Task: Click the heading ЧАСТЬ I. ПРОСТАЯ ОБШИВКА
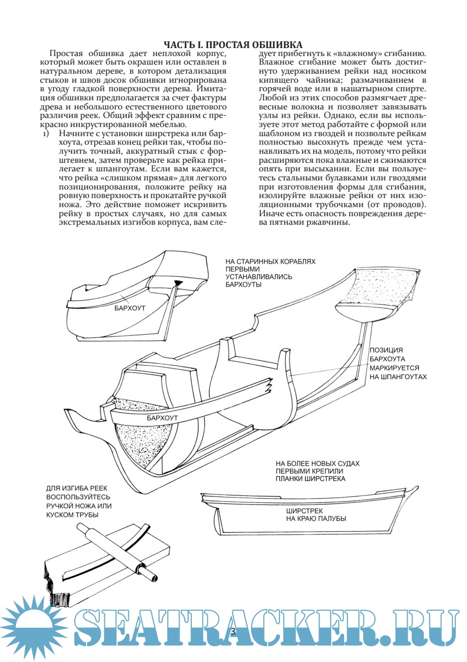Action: [x=233, y=44]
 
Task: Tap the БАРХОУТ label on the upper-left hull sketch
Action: [x=130, y=308]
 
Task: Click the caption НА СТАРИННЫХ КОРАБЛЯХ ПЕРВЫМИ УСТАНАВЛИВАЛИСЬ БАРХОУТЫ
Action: [x=271, y=273]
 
